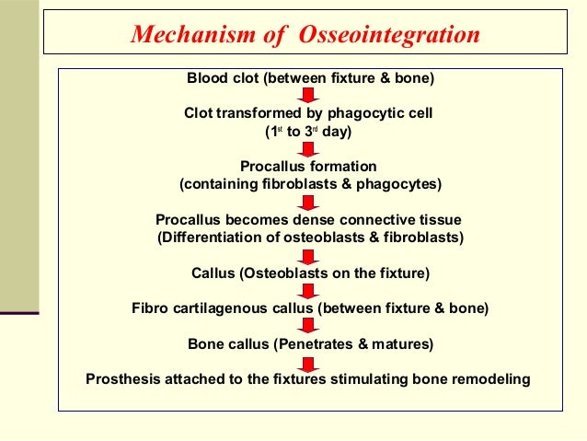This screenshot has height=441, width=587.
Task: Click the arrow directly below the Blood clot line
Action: click(310, 96)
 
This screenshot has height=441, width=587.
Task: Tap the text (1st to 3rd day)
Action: click(309, 132)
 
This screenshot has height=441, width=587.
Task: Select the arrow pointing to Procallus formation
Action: click(310, 149)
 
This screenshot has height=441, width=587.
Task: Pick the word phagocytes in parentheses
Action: click(400, 184)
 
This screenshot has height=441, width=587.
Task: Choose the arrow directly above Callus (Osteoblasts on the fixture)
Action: click(310, 256)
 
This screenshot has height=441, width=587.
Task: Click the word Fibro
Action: click(150, 308)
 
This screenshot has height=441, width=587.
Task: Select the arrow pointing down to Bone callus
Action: click(310, 325)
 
